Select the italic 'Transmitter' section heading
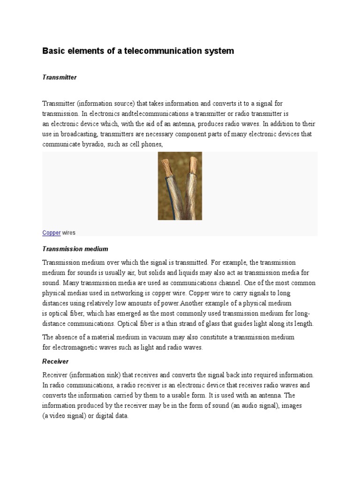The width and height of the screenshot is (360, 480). [60, 77]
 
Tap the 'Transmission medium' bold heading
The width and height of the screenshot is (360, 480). [75, 249]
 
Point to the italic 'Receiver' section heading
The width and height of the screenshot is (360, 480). [55, 361]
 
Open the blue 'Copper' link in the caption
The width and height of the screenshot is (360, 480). [51, 232]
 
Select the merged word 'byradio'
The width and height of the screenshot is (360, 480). [90, 144]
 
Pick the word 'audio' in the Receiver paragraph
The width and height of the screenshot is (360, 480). [253, 405]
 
